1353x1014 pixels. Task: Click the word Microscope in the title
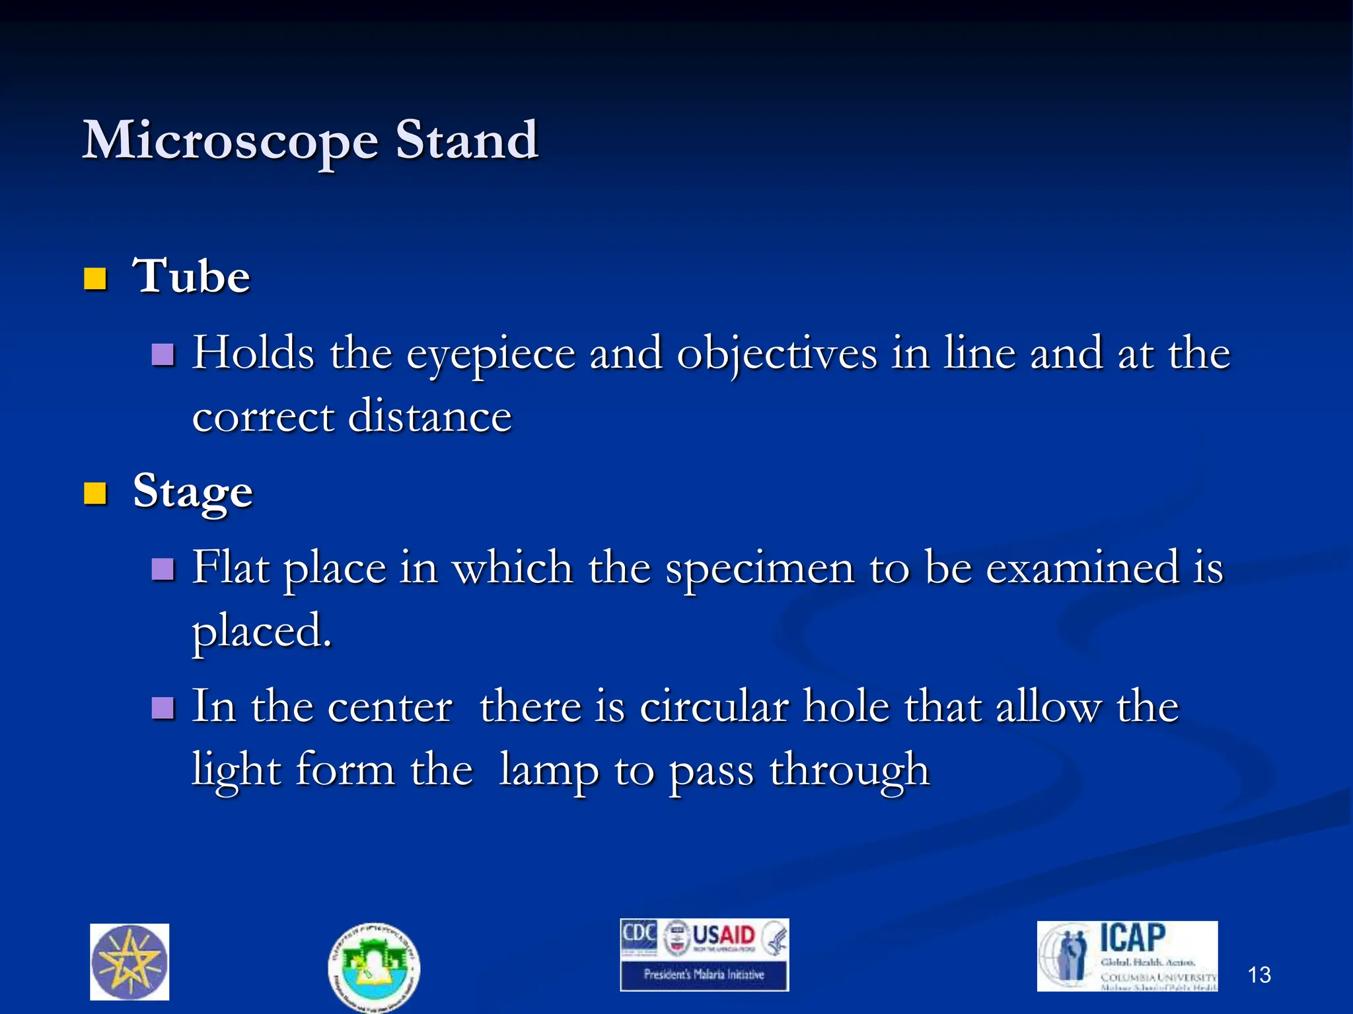230,141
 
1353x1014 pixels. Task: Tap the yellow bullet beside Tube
96,279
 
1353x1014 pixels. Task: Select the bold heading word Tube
192,276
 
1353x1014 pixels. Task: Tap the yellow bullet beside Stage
96,492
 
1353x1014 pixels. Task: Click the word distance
429,417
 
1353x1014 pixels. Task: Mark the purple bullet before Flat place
163,568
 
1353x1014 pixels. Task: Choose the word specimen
760,568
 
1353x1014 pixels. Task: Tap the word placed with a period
262,631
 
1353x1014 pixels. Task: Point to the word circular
714,707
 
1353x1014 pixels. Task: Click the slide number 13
1259,975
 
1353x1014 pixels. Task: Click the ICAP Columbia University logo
1127,956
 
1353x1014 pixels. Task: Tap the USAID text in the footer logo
723,935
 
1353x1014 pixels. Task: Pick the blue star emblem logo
129,962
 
